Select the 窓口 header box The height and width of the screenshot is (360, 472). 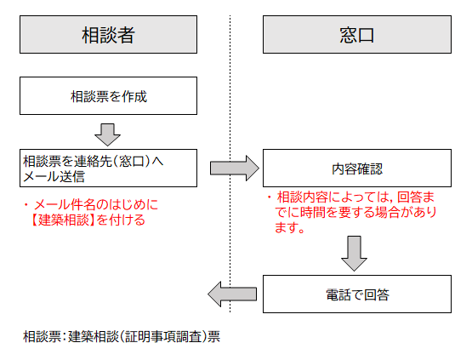click(x=351, y=35)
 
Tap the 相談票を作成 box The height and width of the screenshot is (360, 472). click(x=109, y=96)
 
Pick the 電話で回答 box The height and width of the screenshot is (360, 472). click(x=351, y=294)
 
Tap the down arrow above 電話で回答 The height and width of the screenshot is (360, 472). click(x=351, y=253)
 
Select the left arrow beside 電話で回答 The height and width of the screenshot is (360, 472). click(x=232, y=294)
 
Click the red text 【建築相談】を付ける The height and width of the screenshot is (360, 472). click(x=85, y=220)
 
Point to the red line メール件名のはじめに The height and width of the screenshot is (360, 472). click(x=94, y=205)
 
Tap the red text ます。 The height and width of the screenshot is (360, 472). click(x=290, y=228)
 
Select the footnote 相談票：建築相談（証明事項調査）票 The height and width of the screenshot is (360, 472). click(x=122, y=335)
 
